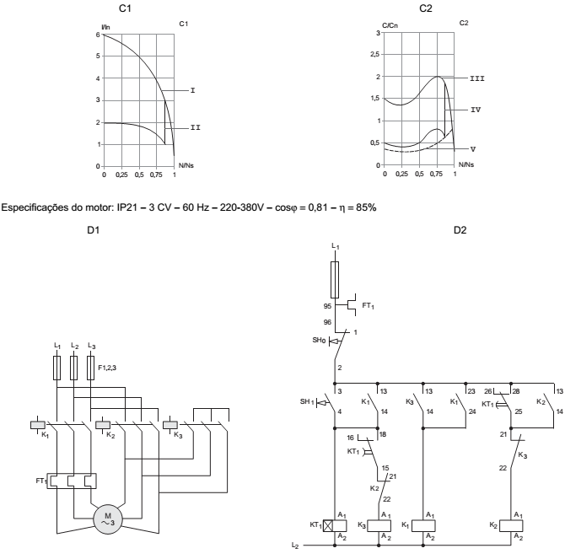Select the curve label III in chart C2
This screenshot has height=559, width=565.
477,77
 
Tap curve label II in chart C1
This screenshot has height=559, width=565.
195,127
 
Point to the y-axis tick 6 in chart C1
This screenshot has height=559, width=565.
99,35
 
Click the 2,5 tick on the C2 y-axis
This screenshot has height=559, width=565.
374,54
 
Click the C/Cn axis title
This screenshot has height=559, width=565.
388,24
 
